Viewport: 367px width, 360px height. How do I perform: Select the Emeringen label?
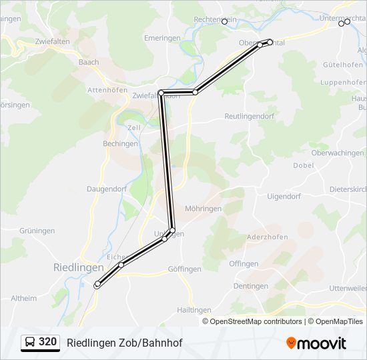[x=162, y=39]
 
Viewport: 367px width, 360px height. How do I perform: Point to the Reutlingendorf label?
[x=250, y=116]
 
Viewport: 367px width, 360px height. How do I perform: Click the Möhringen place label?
[x=203, y=209]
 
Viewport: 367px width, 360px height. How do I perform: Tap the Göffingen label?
[x=185, y=269]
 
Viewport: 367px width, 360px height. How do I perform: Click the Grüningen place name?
[x=37, y=231]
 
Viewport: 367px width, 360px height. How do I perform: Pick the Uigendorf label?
[x=284, y=197]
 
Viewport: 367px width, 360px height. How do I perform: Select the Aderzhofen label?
[x=267, y=237]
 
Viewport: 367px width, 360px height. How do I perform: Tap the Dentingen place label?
[x=250, y=287]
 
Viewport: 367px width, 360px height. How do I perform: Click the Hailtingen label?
[x=195, y=311]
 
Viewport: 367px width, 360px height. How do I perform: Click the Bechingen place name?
[x=120, y=144]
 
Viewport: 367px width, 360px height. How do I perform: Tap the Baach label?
[x=89, y=63]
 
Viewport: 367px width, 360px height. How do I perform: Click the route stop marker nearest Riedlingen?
[x=97, y=285]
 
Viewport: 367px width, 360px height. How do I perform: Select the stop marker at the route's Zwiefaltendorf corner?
[x=161, y=93]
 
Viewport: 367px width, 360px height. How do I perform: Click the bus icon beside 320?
[x=30, y=343]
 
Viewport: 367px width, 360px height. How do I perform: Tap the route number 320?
[x=47, y=342]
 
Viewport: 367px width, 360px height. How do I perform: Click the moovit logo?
[x=316, y=343]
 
